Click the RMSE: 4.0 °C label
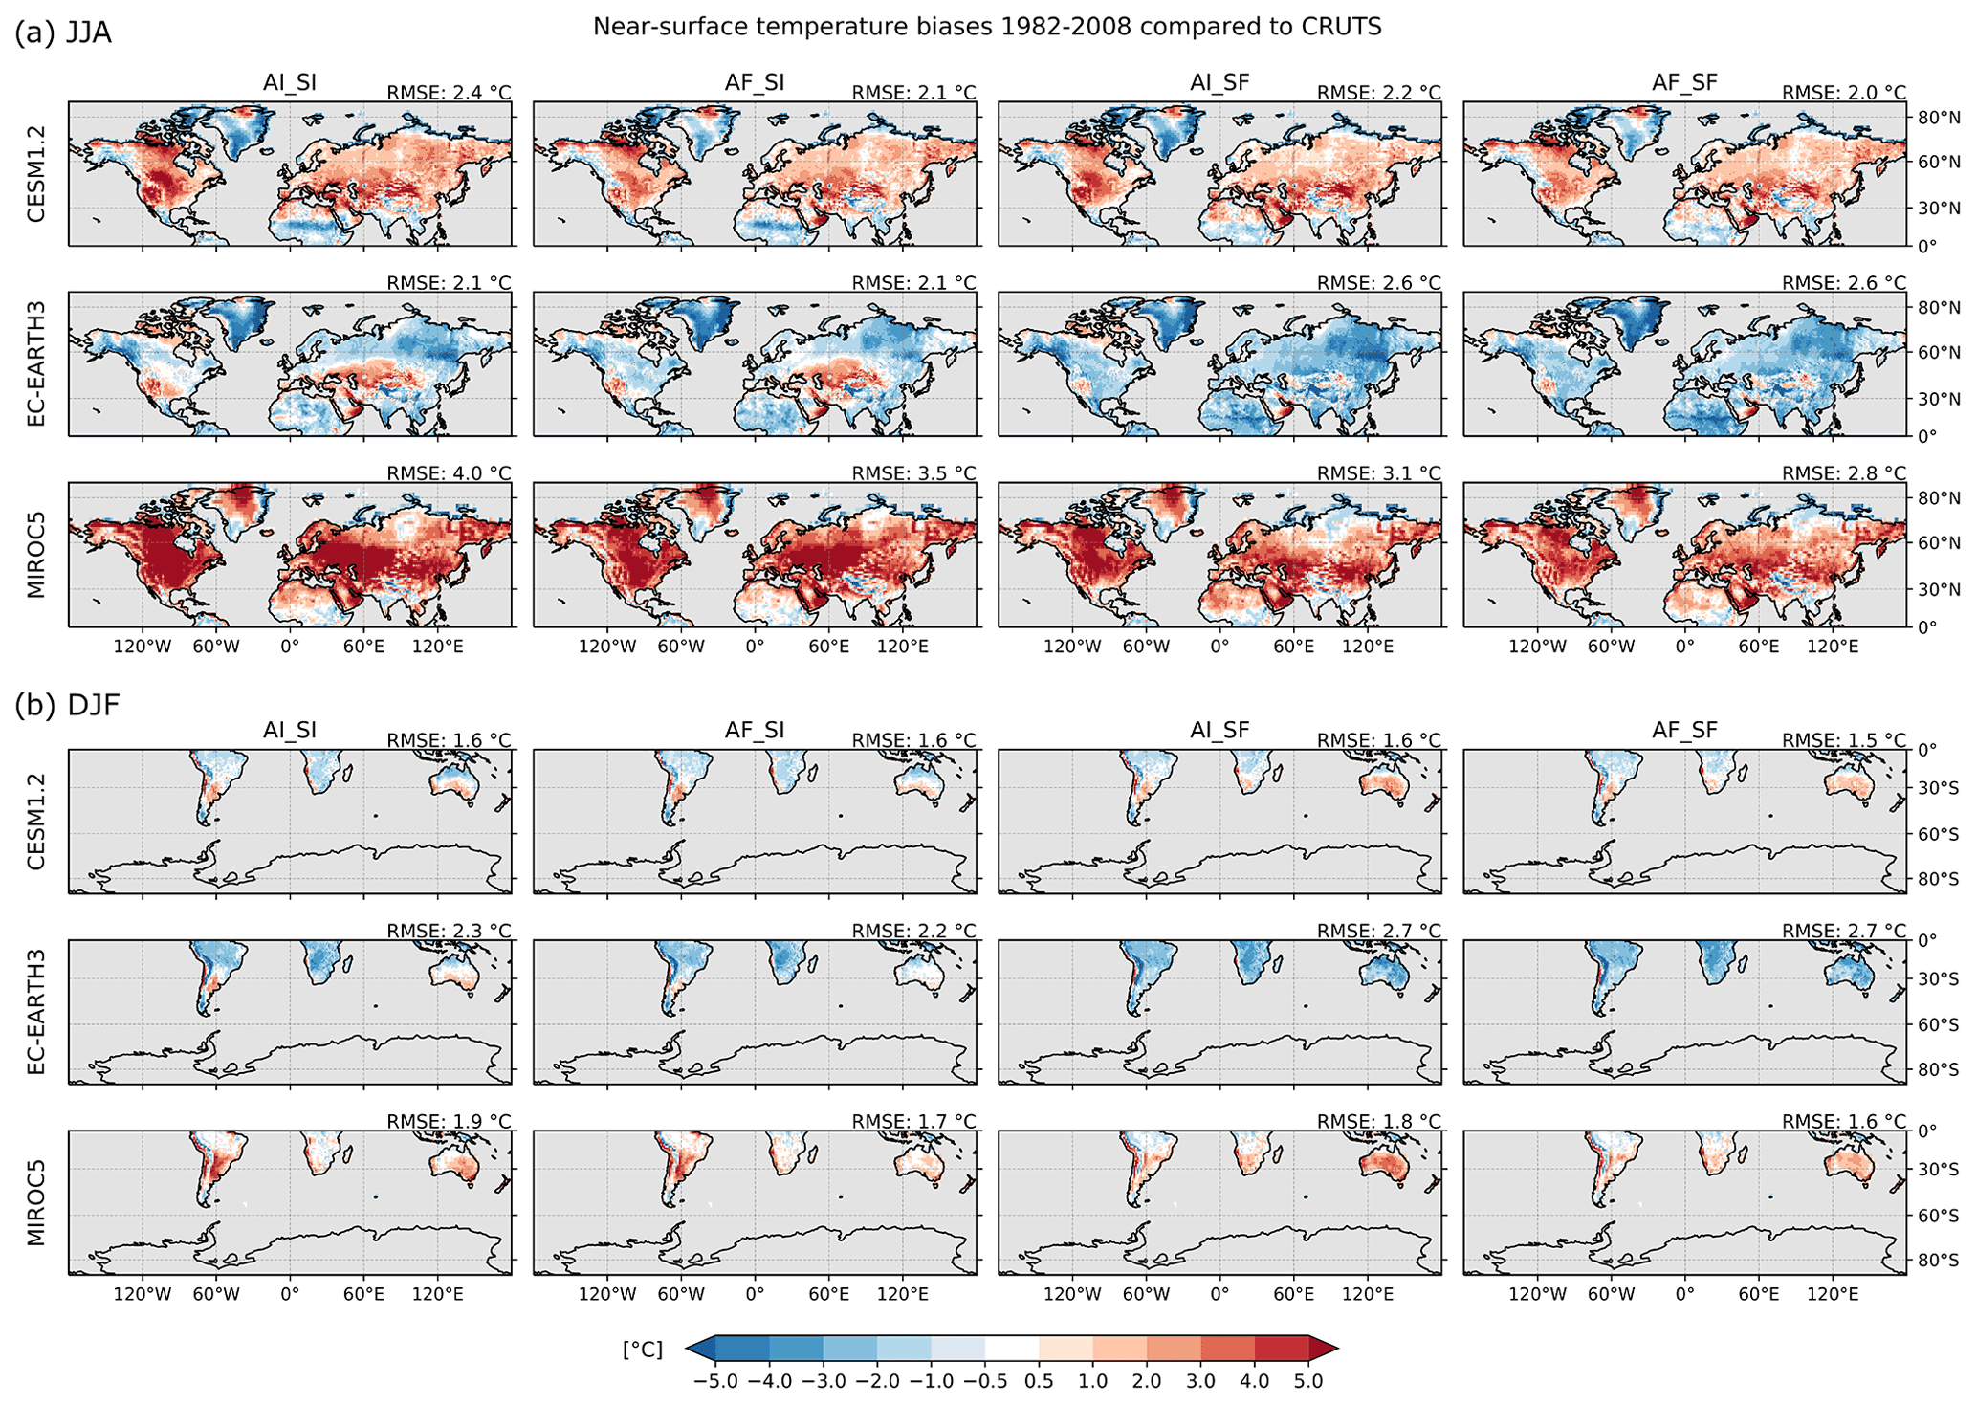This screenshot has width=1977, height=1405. point(449,473)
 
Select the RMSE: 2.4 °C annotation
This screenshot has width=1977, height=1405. point(449,93)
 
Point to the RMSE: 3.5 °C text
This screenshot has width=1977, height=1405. point(913,473)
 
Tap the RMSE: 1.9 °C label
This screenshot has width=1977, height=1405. point(449,1121)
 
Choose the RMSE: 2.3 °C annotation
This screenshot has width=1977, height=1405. point(449,931)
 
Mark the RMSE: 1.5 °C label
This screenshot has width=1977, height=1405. point(1843,740)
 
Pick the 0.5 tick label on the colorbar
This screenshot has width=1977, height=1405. point(1039,1382)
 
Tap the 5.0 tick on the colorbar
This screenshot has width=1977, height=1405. point(1308,1382)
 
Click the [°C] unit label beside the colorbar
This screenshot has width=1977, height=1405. point(643,1350)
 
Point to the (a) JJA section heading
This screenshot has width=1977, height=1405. point(63,33)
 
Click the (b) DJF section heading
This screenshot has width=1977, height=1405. point(67,706)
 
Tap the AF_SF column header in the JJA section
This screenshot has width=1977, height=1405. point(1684,82)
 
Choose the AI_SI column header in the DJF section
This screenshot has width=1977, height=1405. point(290,731)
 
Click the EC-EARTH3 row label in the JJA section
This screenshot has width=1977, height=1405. point(36,363)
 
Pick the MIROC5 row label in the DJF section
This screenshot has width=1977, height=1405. point(36,1202)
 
